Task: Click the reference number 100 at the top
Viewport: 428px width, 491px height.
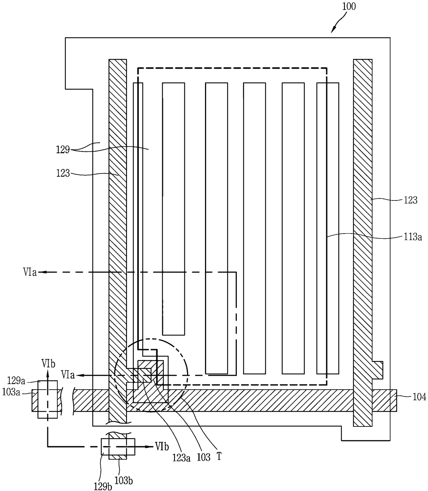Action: (349, 7)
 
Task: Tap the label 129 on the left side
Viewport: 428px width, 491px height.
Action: (63, 150)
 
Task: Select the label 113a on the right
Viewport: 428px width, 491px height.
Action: (412, 237)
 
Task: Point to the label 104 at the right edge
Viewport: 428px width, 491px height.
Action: (419, 397)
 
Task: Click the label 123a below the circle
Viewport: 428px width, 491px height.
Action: (181, 458)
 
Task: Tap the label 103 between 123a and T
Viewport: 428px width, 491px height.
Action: (204, 458)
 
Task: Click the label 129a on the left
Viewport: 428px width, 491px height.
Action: (16, 381)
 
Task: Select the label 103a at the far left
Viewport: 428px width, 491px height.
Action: (11, 392)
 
